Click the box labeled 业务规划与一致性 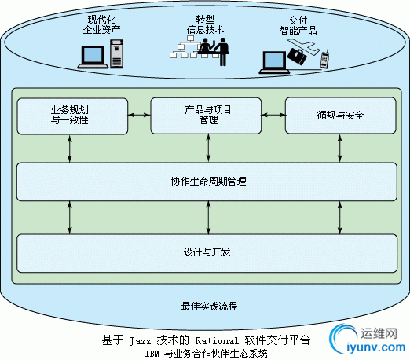click(72, 116)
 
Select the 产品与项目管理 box click(206, 116)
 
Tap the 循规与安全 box click(340, 116)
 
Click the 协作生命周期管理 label click(208, 181)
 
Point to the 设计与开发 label click(207, 252)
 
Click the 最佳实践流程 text click(209, 306)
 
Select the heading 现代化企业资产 click(101, 24)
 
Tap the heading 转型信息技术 click(205, 24)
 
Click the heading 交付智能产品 click(298, 25)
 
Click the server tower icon click(116, 53)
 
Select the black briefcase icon click(296, 56)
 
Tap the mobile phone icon click(324, 58)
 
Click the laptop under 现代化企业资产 click(93, 57)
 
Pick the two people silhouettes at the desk click(214, 51)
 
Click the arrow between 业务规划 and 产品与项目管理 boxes click(139, 115)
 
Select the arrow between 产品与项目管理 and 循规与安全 click(273, 115)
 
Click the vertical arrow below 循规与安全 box click(340, 149)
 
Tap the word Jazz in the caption click(141, 341)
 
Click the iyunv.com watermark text click(376, 347)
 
